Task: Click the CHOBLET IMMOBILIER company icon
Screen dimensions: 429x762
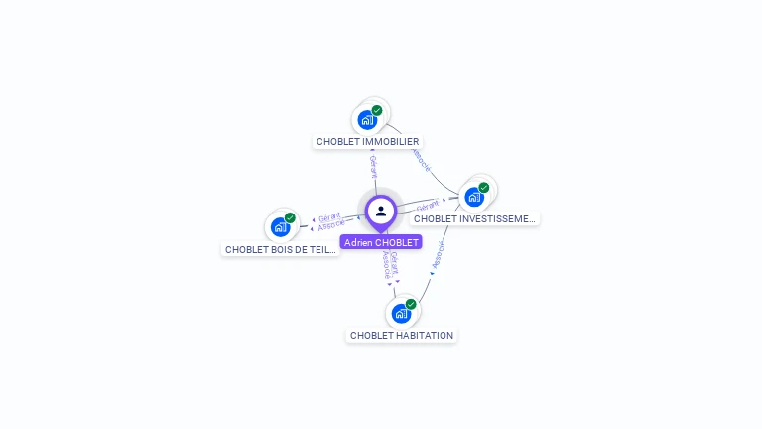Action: (x=367, y=120)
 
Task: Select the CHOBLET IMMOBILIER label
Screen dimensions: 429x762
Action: (x=367, y=142)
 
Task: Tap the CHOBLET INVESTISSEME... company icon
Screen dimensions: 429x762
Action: (x=474, y=197)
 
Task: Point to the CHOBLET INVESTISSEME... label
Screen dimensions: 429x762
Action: (x=474, y=218)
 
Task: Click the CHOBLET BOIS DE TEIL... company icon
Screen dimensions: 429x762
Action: (x=281, y=227)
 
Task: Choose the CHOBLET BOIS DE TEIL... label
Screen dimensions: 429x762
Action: (x=281, y=250)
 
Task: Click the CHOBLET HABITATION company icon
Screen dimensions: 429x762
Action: (x=401, y=314)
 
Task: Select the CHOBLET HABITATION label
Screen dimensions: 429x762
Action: (x=402, y=336)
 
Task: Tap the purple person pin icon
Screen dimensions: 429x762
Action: (x=381, y=212)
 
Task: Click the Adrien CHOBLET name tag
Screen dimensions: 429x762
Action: (x=381, y=242)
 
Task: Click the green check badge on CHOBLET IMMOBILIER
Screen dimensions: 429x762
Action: (x=377, y=110)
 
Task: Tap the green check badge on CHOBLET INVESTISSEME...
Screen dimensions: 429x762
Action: (x=484, y=187)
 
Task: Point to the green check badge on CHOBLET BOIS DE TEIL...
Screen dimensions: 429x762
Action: (x=290, y=217)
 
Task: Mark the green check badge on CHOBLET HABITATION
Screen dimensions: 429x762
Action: (x=411, y=304)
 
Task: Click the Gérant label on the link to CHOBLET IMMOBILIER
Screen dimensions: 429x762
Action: (x=373, y=166)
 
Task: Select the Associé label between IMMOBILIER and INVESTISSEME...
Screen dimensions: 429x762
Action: (x=420, y=160)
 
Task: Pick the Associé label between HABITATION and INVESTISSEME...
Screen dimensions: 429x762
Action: (x=438, y=255)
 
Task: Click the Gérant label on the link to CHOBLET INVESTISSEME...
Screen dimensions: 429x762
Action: (x=428, y=205)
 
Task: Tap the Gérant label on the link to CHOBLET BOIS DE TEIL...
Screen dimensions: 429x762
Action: (x=330, y=216)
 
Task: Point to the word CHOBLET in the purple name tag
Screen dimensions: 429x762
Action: (x=396, y=242)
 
